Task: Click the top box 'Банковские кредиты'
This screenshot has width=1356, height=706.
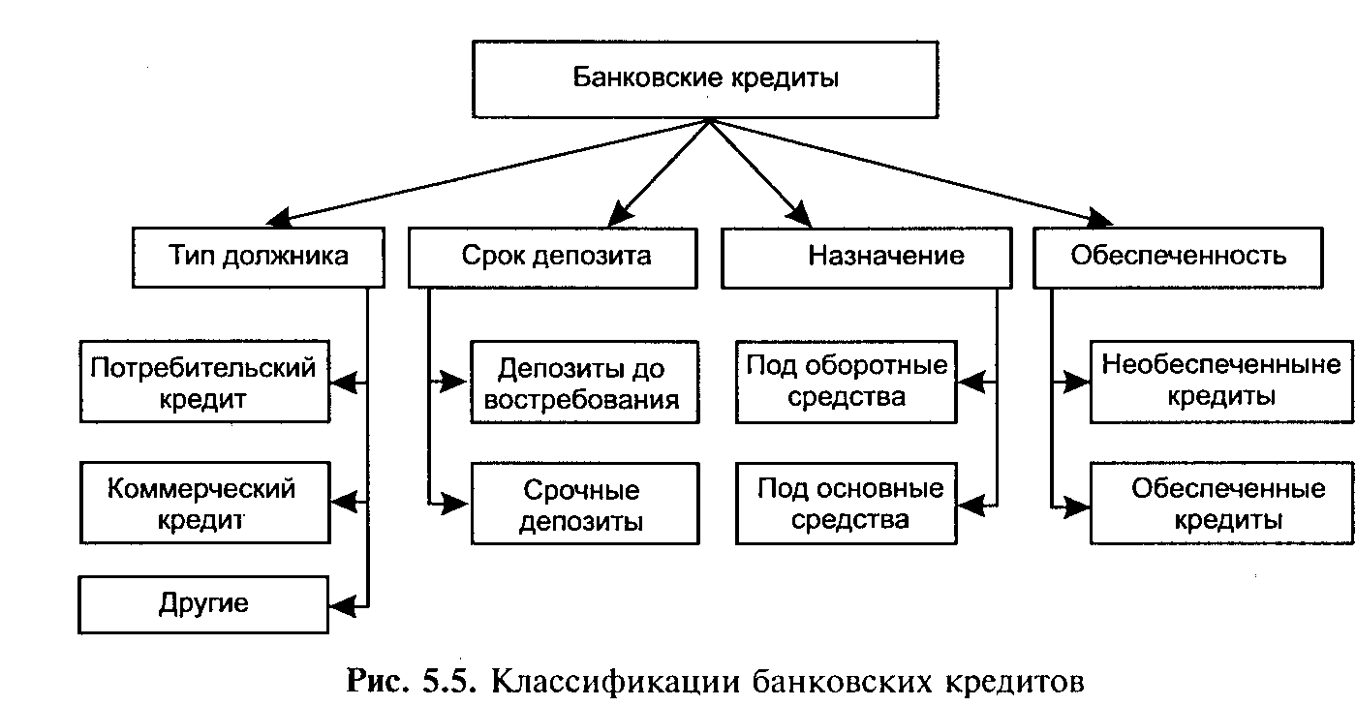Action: click(x=704, y=78)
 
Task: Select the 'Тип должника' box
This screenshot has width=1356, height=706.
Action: click(x=259, y=257)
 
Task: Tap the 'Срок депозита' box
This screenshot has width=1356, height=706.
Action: click(x=552, y=257)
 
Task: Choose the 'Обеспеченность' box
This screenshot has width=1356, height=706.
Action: click(x=1178, y=257)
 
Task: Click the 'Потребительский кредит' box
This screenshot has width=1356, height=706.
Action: click(x=204, y=381)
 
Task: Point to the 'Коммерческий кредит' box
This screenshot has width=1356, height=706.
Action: click(x=204, y=503)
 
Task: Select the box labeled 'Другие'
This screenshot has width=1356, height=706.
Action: click(x=204, y=604)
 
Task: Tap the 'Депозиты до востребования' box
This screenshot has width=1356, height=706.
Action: click(x=584, y=382)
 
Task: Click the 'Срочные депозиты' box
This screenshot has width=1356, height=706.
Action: click(x=584, y=504)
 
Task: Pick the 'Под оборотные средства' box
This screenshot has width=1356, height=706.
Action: click(x=847, y=382)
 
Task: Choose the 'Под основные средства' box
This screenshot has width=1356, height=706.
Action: click(x=847, y=504)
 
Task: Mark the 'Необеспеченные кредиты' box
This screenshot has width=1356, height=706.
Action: click(x=1221, y=381)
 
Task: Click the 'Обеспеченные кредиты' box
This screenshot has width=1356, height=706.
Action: click(x=1221, y=504)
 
